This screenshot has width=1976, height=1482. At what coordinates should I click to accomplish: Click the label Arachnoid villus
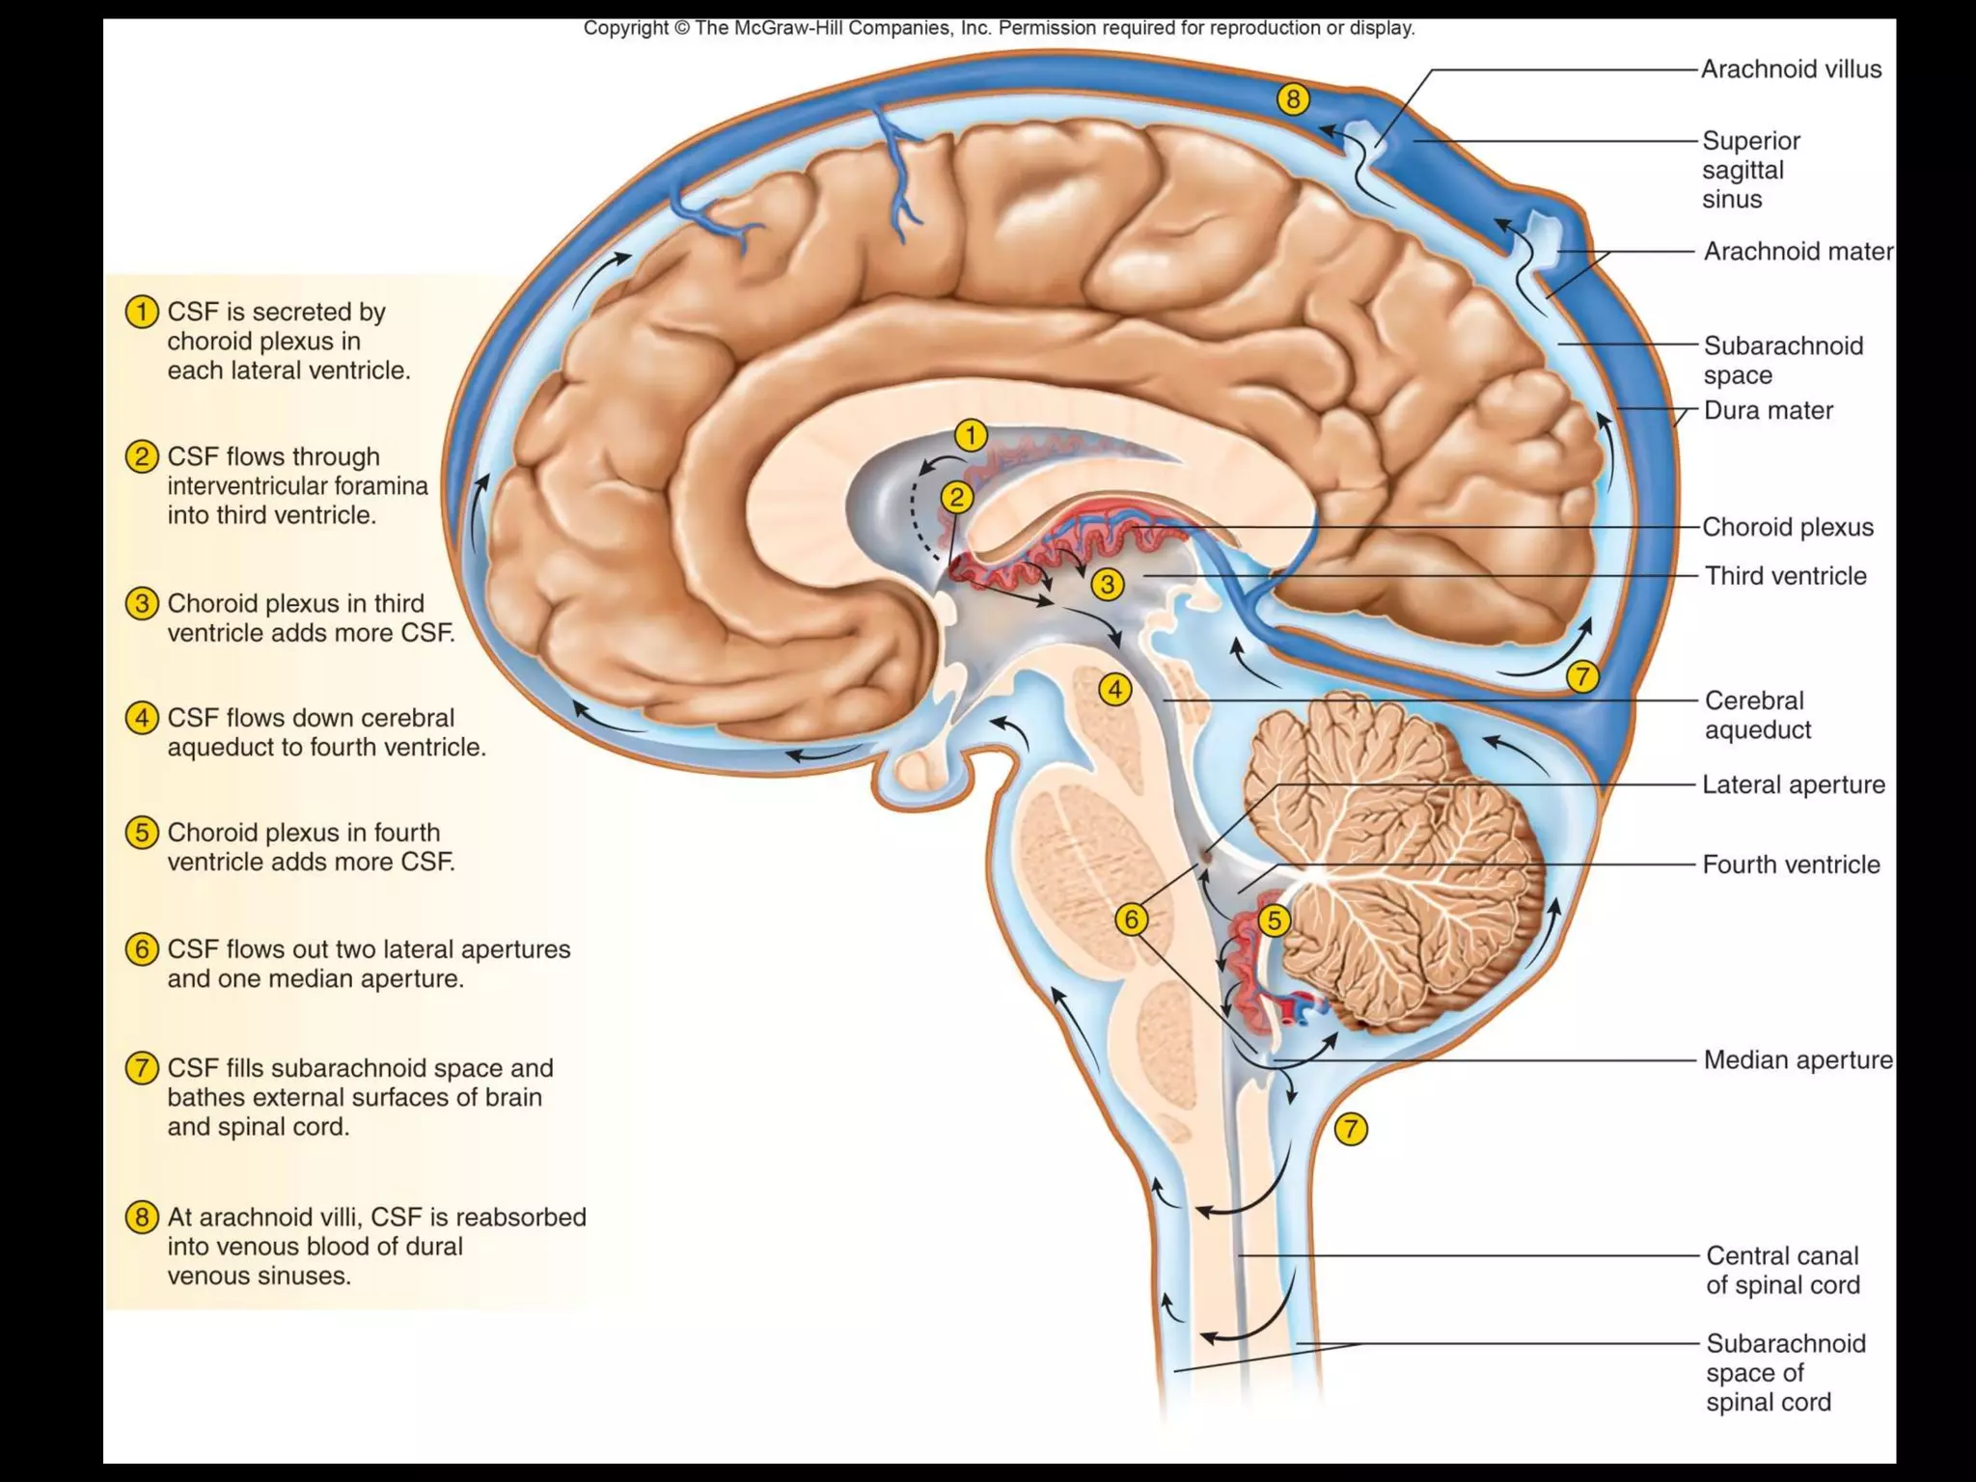[1790, 69]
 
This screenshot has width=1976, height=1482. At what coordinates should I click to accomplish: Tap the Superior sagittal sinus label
[1750, 170]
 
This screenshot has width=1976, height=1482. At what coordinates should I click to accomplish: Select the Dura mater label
[1768, 410]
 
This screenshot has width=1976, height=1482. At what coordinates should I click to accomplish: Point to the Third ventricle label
[1785, 576]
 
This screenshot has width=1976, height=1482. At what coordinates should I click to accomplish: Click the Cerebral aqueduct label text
[1757, 715]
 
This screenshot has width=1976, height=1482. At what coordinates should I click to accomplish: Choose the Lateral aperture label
[1793, 784]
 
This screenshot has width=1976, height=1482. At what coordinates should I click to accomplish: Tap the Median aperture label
[1798, 1059]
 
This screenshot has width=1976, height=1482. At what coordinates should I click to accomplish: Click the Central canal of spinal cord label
[1782, 1270]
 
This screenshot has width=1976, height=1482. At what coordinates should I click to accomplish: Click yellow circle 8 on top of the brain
[1293, 98]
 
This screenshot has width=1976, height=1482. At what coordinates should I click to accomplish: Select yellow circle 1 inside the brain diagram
[972, 435]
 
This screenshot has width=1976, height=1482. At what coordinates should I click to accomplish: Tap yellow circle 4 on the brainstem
[1114, 690]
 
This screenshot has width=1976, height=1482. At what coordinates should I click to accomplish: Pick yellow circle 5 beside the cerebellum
[1274, 920]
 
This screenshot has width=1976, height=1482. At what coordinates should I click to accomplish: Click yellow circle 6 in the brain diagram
[1131, 919]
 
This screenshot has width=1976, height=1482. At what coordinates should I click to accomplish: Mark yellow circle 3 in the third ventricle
[1108, 584]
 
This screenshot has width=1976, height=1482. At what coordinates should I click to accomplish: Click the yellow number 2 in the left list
[142, 456]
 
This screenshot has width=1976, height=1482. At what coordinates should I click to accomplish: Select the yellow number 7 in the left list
[142, 1068]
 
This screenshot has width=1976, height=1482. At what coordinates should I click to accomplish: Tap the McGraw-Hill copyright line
[999, 28]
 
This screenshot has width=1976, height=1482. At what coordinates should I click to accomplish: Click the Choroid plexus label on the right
[1787, 527]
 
